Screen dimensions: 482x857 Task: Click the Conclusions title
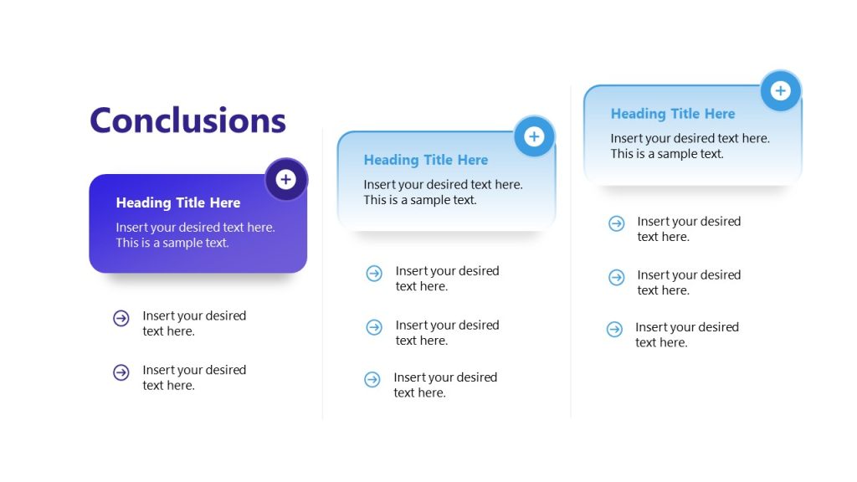click(187, 120)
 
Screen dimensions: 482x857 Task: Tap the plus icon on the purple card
click(286, 180)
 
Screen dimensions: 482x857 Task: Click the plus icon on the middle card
click(534, 137)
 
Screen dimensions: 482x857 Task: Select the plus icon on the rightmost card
click(780, 91)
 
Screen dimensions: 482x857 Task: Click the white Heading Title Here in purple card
click(178, 203)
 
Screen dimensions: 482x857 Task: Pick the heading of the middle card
click(425, 160)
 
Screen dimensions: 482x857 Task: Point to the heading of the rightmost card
click(673, 114)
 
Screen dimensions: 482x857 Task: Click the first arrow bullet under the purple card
click(121, 318)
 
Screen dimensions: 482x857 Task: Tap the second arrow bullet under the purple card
click(121, 372)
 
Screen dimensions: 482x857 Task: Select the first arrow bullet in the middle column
click(374, 273)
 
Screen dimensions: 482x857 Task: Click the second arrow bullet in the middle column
click(374, 327)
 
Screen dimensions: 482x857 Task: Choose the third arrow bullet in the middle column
click(372, 380)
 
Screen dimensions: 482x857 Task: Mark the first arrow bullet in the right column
click(616, 223)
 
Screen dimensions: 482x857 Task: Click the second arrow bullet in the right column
click(616, 277)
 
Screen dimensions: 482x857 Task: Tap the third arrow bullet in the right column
click(614, 330)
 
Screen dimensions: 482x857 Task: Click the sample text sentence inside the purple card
click(172, 243)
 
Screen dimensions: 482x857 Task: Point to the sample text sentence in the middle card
click(420, 200)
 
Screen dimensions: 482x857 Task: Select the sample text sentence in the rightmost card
click(667, 154)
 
